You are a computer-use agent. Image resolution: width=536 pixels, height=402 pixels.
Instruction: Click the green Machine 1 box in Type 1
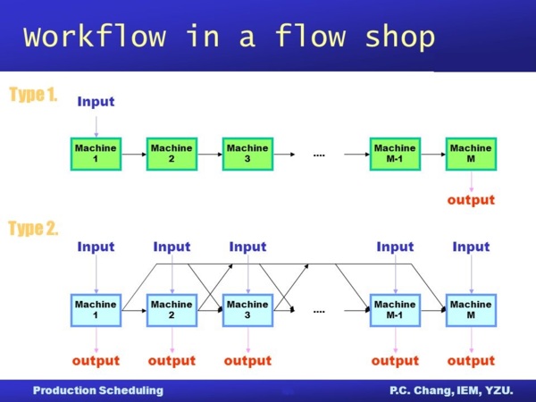coord(96,154)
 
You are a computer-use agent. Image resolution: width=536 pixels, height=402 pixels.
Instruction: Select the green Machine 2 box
coord(172,154)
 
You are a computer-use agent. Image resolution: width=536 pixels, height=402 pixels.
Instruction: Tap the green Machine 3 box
coord(247,154)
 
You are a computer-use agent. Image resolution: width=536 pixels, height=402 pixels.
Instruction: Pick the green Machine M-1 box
coord(395,154)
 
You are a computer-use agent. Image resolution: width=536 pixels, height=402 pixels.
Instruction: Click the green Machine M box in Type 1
coord(471,154)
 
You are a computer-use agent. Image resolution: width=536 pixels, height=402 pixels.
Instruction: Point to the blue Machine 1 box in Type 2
coord(96,310)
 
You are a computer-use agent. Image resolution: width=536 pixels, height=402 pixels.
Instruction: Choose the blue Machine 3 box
coord(247,310)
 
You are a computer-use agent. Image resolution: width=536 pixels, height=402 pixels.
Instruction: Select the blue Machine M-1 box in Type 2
coord(395,310)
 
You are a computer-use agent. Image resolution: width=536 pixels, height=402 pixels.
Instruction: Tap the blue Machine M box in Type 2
coord(471,310)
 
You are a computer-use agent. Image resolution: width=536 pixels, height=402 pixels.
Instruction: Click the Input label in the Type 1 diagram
coord(96,101)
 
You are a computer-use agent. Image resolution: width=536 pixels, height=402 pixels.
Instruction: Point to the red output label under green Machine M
coord(471,199)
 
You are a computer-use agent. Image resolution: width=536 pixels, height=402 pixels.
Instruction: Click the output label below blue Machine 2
coord(172,360)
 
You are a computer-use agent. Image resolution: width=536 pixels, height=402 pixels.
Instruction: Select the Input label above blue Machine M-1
coord(395,247)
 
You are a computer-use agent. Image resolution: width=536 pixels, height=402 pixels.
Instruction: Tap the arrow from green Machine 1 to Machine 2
coord(133,154)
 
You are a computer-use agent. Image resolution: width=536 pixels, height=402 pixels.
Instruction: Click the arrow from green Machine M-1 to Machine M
coord(432,154)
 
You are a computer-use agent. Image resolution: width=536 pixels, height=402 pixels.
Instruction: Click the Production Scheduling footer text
coord(98,390)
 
